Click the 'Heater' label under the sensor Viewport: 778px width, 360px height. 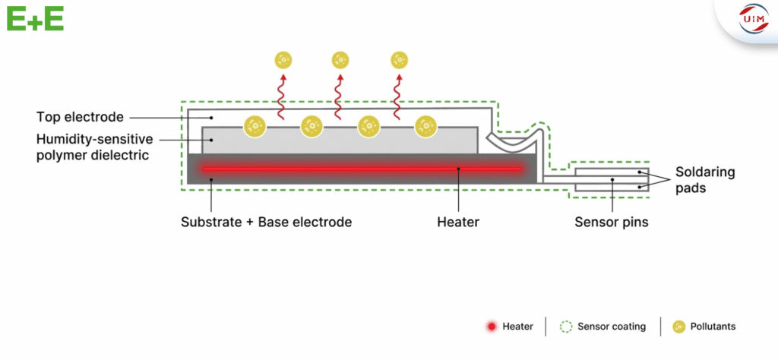click(x=457, y=223)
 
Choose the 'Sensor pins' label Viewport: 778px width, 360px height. click(x=612, y=223)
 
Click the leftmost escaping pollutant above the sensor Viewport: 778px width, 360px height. click(x=283, y=58)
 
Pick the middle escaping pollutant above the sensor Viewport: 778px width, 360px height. click(x=340, y=58)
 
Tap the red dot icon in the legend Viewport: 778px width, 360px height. click(x=491, y=327)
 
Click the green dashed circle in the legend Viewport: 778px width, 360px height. click(x=565, y=327)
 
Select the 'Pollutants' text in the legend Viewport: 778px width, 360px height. click(x=713, y=327)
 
